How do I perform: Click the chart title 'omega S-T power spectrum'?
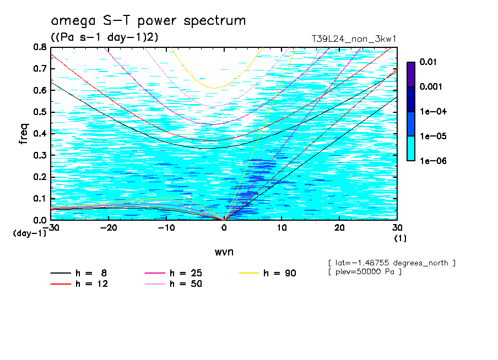148,21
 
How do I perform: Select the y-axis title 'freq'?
24,134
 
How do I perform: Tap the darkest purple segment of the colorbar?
410,74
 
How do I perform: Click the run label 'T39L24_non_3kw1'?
354,39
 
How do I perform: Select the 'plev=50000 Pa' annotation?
364,272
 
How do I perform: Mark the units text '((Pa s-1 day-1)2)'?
104,37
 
